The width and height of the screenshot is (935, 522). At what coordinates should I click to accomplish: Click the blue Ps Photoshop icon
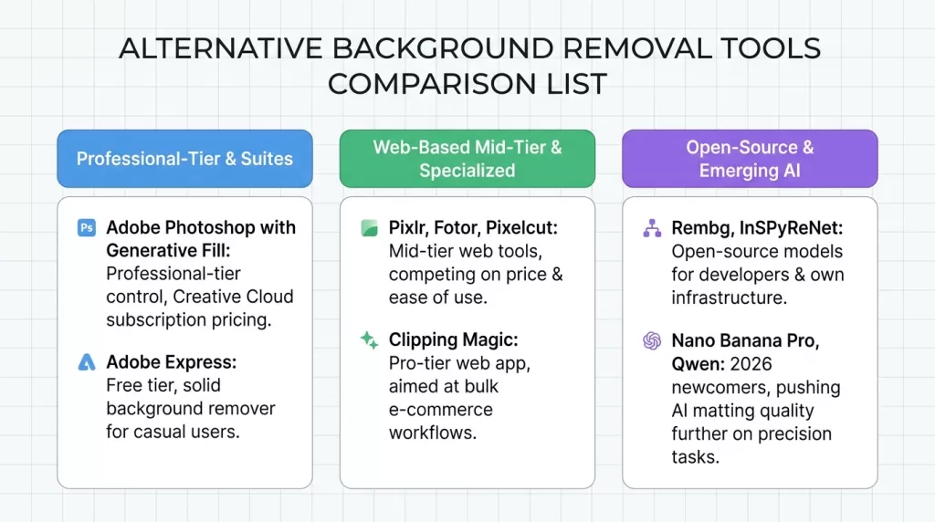87,227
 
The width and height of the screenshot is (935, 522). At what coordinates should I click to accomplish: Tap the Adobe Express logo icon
87,362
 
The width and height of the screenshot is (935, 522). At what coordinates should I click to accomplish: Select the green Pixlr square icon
369,228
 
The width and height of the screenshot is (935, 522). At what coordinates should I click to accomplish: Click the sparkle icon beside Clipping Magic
369,340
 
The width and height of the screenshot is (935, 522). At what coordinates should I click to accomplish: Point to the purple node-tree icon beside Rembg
652,228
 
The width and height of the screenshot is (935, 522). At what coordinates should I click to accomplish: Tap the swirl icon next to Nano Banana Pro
652,340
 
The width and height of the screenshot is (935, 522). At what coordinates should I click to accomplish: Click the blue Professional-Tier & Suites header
184,159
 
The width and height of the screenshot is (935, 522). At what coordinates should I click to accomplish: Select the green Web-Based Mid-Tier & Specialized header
467,159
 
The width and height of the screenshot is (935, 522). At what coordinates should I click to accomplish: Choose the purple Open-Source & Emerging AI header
750,159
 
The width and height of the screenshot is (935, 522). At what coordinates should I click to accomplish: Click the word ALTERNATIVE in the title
221,48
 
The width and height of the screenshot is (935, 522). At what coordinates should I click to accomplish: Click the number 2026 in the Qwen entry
751,363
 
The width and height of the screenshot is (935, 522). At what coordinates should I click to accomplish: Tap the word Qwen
696,364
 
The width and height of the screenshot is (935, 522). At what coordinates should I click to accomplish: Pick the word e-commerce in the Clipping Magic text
441,410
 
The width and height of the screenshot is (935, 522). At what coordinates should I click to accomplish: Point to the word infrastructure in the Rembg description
730,298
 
